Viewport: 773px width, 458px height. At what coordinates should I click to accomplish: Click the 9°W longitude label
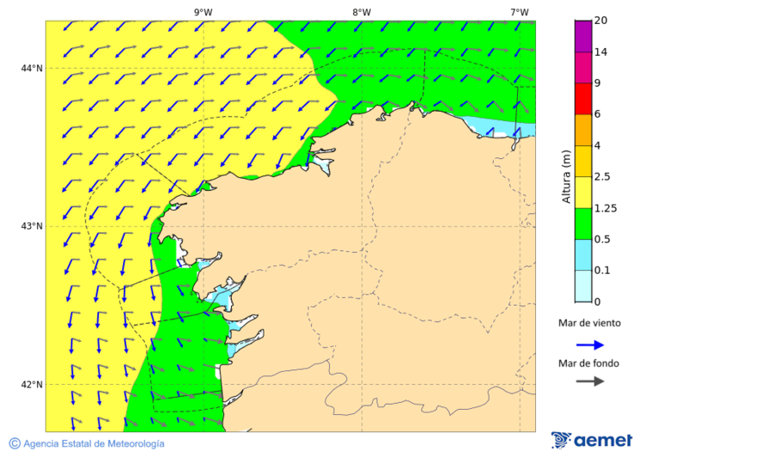point(203,12)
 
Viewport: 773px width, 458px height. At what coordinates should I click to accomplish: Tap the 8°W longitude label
point(362,12)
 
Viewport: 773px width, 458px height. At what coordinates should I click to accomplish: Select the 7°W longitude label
point(519,12)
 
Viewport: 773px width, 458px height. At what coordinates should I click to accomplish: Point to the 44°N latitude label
point(33,68)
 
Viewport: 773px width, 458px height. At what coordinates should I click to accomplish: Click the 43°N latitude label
point(33,226)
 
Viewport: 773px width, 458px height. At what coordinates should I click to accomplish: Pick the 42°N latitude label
point(33,384)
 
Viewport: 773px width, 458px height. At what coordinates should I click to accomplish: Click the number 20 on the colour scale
point(600,21)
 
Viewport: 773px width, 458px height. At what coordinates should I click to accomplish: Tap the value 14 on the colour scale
point(600,52)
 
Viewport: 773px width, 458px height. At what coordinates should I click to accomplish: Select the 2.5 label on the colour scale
point(602,177)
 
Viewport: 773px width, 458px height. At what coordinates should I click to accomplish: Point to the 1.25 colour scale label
point(605,208)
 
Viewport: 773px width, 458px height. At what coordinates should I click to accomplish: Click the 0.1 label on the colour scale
point(602,271)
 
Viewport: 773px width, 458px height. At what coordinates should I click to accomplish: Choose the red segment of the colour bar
point(583,99)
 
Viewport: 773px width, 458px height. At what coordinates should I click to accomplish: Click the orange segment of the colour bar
point(583,130)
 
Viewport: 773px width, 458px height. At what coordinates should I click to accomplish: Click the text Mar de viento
point(589,324)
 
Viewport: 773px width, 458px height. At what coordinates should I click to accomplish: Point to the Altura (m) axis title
point(566,176)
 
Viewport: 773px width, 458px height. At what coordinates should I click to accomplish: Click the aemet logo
point(592,440)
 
